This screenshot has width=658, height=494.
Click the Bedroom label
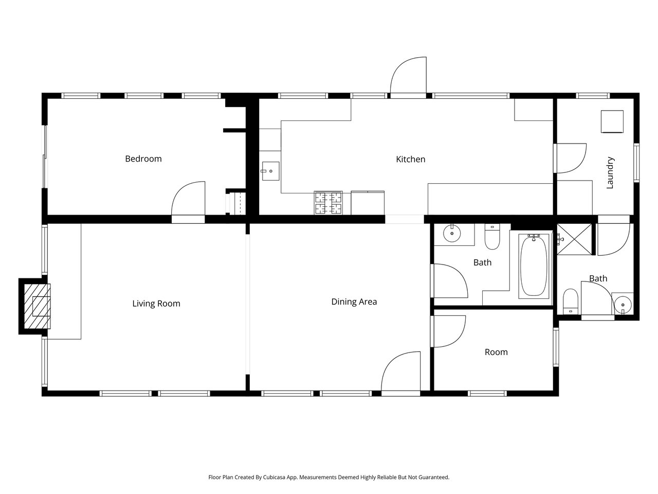click(x=143, y=158)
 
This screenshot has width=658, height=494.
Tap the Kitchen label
click(x=410, y=160)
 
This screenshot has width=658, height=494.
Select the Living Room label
click(x=156, y=304)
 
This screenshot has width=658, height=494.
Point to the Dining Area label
click(x=354, y=302)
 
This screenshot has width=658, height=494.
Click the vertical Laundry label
click(x=610, y=173)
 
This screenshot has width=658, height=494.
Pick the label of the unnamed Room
click(x=496, y=352)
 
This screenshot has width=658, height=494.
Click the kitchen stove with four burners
click(x=328, y=203)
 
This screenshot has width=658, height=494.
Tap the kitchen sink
click(x=270, y=171)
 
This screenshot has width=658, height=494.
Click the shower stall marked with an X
click(x=574, y=239)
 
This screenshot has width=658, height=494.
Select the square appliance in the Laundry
click(x=612, y=121)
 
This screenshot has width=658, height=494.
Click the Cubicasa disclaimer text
click(x=329, y=477)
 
